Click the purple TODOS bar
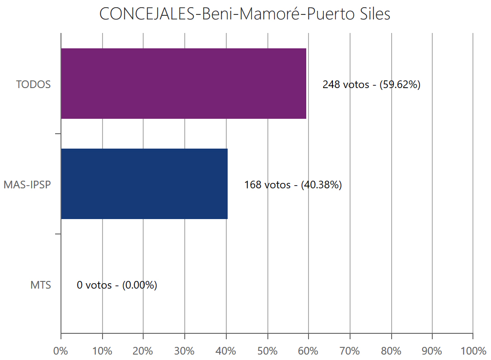183,84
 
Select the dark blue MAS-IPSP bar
144,184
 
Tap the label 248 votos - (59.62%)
371,84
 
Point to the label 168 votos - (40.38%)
293,185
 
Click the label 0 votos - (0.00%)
117,285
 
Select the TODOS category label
33,84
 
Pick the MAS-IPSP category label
27,185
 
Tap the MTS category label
41,285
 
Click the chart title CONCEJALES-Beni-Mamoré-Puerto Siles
245,14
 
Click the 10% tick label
102,351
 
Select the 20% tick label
143,351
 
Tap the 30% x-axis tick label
185,351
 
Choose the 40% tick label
226,351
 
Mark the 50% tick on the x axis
267,351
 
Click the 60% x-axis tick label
309,351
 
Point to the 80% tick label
391,351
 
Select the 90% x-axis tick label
432,351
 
